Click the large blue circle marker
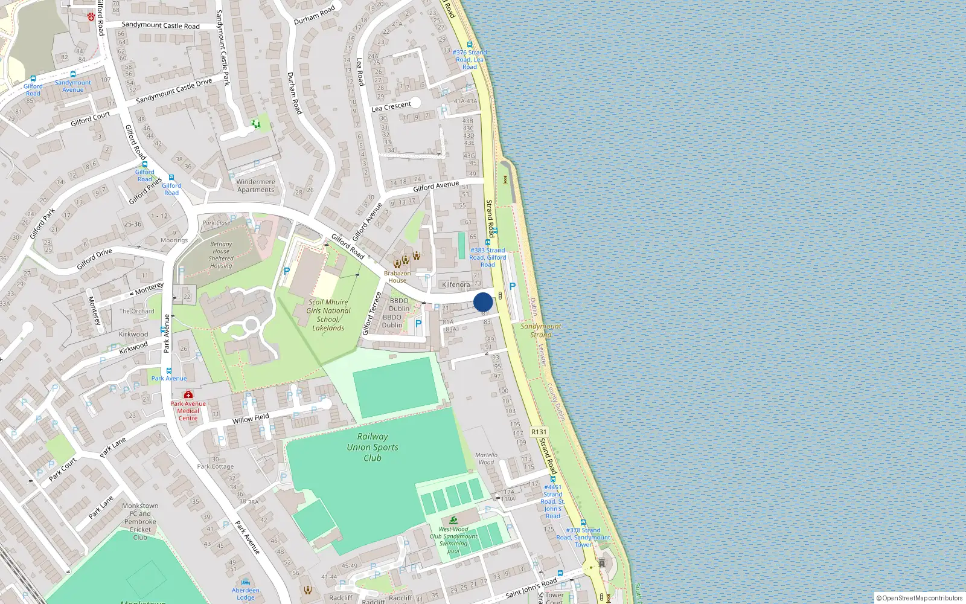coord(483,302)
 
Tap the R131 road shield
coord(539,432)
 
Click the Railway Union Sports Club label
coord(373,447)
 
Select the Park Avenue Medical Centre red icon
coord(188,394)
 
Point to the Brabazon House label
coord(397,277)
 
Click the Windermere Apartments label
coord(255,185)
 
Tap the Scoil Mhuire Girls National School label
coord(328,315)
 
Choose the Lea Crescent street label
coord(391,107)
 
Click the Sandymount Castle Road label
coord(161,25)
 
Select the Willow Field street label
coord(251,419)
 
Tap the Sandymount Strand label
coord(541,330)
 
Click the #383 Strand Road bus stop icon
coord(488,242)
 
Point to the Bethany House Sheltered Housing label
coord(221,255)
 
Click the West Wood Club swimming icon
coord(453,521)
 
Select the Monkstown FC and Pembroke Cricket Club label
coord(140,521)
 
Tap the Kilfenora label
coord(456,284)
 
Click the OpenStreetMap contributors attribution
coord(920,598)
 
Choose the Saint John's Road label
coord(531,587)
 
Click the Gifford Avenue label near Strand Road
coord(435,187)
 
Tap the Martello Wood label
coord(486,458)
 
